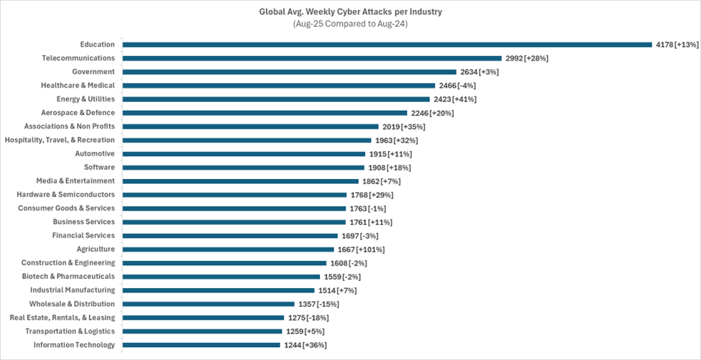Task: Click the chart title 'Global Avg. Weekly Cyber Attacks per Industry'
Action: [350, 12]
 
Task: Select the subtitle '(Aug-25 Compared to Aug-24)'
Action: [350, 24]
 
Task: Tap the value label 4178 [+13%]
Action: [677, 45]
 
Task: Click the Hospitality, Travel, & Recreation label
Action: [60, 140]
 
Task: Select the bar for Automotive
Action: [244, 154]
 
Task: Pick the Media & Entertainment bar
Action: [240, 181]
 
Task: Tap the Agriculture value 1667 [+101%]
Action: [361, 249]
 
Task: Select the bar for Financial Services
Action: [230, 236]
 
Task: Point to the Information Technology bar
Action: [201, 345]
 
